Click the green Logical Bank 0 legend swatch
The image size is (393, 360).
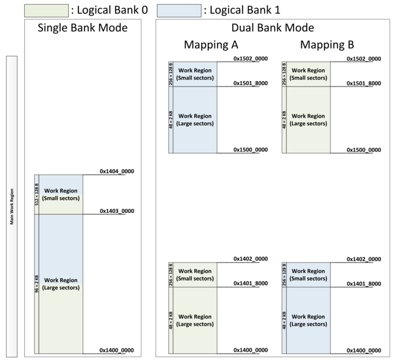click(46, 10)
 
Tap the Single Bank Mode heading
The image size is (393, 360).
click(83, 28)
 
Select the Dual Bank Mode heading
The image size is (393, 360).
click(273, 28)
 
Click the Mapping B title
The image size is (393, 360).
click(327, 45)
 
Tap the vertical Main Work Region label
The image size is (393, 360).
click(12, 206)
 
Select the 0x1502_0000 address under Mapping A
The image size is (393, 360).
click(251, 58)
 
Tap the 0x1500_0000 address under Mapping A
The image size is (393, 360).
click(251, 150)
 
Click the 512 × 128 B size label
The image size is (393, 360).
click(37, 194)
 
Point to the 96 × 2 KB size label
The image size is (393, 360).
click(37, 284)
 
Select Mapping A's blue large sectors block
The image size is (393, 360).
click(195, 120)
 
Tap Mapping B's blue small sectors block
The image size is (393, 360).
click(309, 275)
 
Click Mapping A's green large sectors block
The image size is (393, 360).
click(195, 320)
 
